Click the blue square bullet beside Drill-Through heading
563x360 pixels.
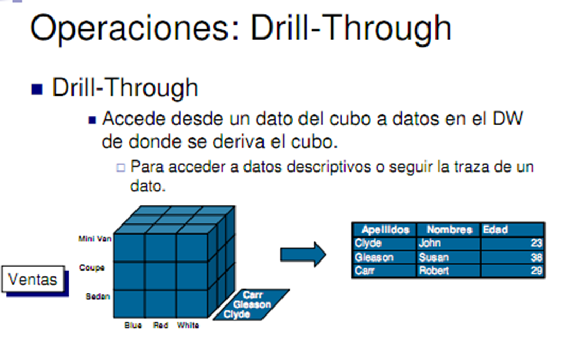(x=37, y=89)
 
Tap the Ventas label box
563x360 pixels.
(x=33, y=278)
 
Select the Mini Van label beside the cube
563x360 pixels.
(x=95, y=239)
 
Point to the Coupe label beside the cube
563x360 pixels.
(x=92, y=268)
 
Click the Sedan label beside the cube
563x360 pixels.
(x=98, y=296)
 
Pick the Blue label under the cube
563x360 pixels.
(x=133, y=326)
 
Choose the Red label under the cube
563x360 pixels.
(x=160, y=326)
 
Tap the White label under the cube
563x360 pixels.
(x=188, y=326)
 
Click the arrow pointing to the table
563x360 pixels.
(x=303, y=255)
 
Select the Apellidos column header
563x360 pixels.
(x=385, y=230)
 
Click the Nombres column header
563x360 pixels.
(x=449, y=230)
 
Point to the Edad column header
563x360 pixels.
(x=495, y=230)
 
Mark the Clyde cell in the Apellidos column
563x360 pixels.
(x=368, y=244)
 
